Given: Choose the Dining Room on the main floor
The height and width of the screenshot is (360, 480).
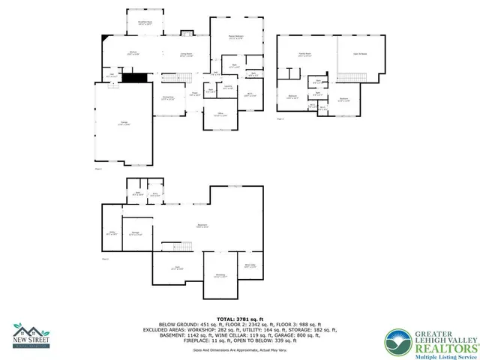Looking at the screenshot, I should pyautogui.click(x=168, y=97).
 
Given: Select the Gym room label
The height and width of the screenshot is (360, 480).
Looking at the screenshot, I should pyautogui.click(x=178, y=268).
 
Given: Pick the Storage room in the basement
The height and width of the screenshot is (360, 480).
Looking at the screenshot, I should pyautogui.click(x=136, y=233).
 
